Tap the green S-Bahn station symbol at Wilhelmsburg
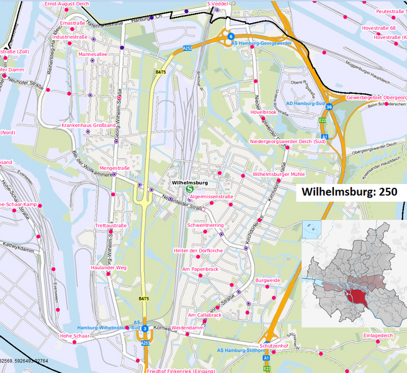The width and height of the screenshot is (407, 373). coord(189,190)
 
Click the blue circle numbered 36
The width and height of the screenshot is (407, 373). coord(329,107)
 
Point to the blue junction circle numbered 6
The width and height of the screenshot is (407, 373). coord(230,36)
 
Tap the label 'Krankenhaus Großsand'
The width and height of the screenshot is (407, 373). coord(88,125)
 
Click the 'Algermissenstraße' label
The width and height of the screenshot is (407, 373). coord(211,196)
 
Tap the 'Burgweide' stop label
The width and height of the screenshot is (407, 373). coord(268,280)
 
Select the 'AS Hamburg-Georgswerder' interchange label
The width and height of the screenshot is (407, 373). coord(261,44)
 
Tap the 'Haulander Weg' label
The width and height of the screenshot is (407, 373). coord(109,267)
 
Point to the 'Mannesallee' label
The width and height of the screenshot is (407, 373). coord(93,54)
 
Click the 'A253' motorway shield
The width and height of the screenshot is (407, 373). coord(145,343)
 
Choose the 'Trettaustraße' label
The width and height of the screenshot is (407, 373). coord(110,226)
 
